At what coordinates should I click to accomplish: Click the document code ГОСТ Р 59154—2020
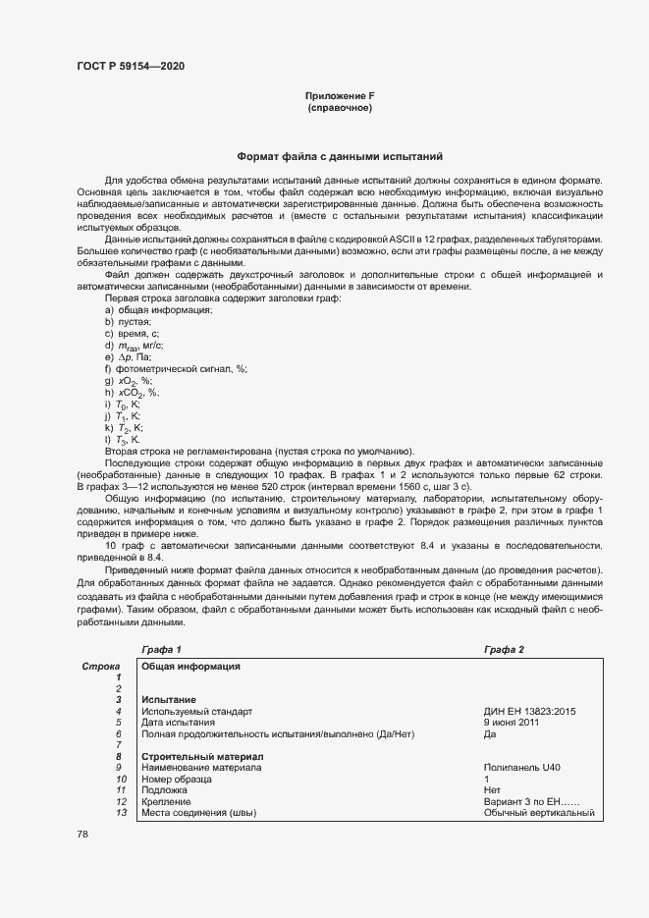pos(130,67)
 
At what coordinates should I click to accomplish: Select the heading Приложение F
pos(340,95)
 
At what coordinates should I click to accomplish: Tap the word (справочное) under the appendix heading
pos(340,107)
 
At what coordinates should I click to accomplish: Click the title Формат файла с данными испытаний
pos(340,156)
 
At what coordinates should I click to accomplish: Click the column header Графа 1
pos(161,650)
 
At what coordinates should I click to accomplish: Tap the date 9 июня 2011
pos(512,723)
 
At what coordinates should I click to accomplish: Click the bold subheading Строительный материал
pos(201,757)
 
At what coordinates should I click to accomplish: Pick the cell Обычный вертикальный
pos(539,813)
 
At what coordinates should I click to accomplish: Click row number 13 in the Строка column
pos(121,813)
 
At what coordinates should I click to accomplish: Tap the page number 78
pos(82,834)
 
